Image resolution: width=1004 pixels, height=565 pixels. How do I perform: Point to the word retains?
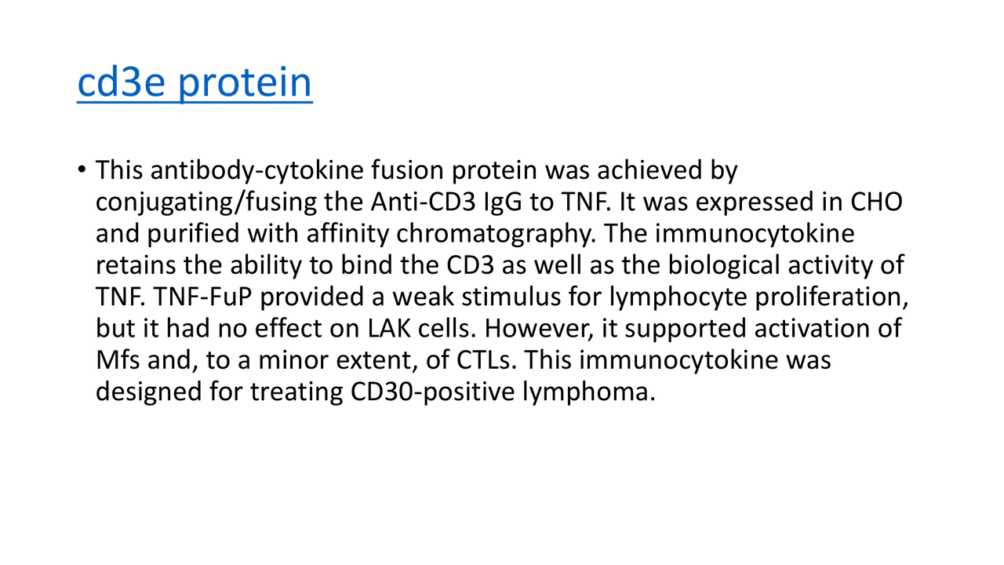136,265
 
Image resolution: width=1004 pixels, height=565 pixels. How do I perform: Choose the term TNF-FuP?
209,297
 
